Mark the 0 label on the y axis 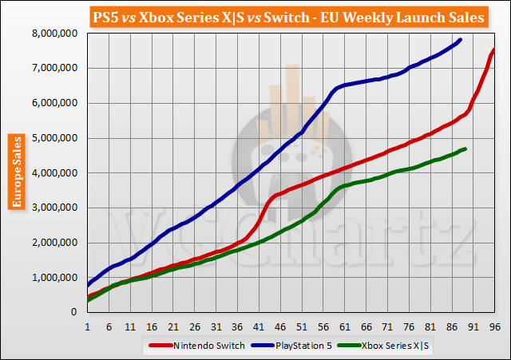pyautogui.click(x=73, y=313)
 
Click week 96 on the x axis pyautogui.click(x=494, y=326)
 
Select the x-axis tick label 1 pyautogui.click(x=86, y=326)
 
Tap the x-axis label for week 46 pyautogui.click(x=279, y=326)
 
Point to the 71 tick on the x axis pyautogui.click(x=386, y=326)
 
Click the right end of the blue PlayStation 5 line pyautogui.click(x=460, y=40)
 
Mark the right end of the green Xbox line pyautogui.click(x=465, y=149)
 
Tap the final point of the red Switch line pyautogui.click(x=494, y=50)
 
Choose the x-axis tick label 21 pyautogui.click(x=172, y=326)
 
